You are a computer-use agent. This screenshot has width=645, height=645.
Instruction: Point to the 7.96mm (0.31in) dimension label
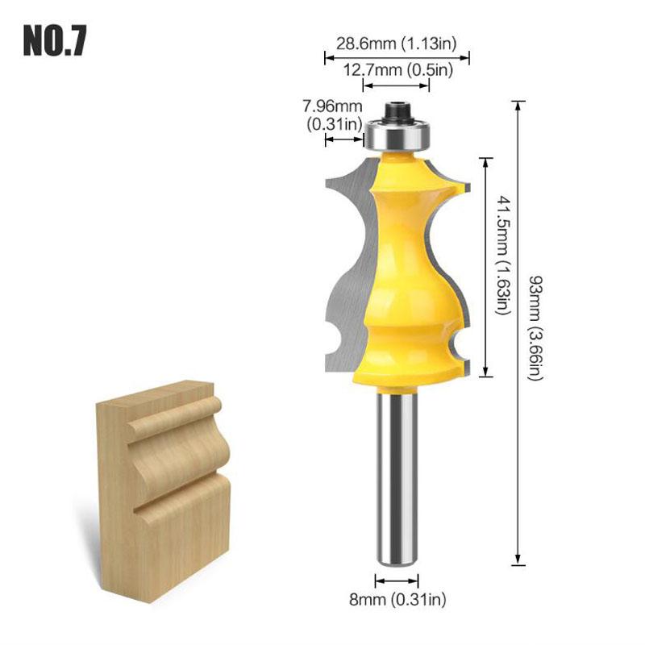point(332,114)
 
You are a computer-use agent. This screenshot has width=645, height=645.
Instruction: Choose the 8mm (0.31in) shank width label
point(397,598)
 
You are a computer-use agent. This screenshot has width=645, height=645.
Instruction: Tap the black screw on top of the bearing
point(397,110)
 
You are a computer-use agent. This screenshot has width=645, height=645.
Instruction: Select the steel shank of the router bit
point(397,476)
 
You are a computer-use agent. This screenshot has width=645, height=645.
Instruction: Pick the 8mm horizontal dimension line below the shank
point(397,580)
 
